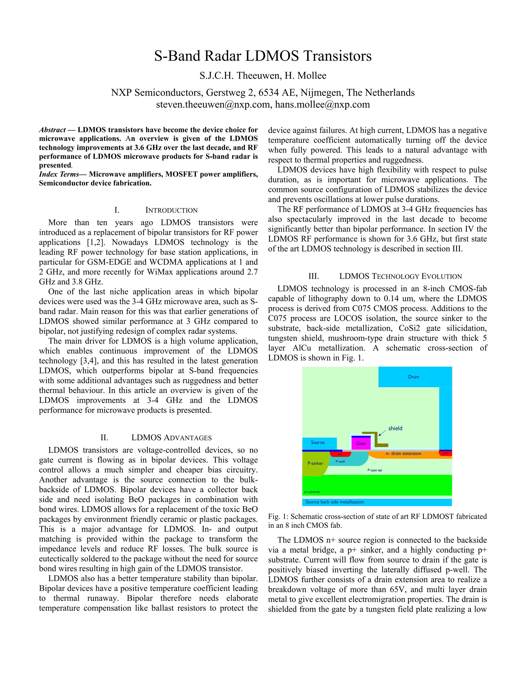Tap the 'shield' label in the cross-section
[395, 429]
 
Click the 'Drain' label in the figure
[414, 377]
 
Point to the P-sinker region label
[315, 463]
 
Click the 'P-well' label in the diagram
[340, 461]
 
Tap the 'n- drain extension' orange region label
[403, 454]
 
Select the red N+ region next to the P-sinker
[340, 454]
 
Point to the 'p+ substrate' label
[312, 492]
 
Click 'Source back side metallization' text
[335, 502]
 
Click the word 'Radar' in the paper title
[222, 56]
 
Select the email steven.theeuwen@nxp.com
[213, 105]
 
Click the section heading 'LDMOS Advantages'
[171, 438]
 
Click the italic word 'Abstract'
[52, 130]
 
